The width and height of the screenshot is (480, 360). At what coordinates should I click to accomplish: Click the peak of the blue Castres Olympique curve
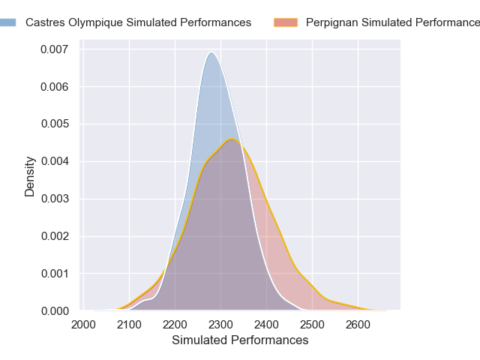coord(211,52)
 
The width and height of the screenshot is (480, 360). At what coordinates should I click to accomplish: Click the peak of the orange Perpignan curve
coord(232,139)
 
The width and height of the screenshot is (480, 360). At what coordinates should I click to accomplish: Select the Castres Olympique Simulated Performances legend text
coord(138,22)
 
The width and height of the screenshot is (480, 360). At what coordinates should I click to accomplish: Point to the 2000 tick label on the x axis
coord(84,324)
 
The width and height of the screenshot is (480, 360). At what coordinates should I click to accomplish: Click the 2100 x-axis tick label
coord(130,324)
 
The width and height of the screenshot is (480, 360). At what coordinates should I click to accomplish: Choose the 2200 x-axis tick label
coord(175,324)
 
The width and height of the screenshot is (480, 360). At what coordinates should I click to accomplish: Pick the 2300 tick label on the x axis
coord(221,324)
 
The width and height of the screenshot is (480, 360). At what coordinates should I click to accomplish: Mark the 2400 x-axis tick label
coord(267,324)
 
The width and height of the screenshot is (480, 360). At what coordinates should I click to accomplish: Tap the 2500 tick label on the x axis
coord(313,324)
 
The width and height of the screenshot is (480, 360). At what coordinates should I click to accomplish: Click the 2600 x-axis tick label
coord(358,324)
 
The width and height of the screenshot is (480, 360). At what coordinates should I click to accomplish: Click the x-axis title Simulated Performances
coord(240,340)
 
